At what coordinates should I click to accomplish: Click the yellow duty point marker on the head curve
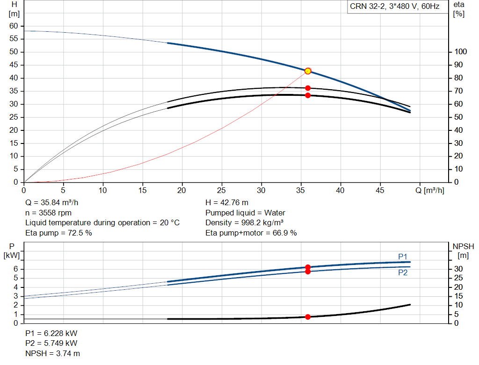pos(308,71)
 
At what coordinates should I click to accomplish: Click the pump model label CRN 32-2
pos(394,7)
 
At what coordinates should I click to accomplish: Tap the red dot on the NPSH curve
pos(308,317)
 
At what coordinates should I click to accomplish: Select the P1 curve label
pos(403,256)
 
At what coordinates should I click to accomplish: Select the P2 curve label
pos(403,273)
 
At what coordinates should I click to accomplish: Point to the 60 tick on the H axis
pos(14,26)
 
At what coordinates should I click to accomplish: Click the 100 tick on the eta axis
pos(461,52)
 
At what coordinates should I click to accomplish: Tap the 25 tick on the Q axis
pos(222,190)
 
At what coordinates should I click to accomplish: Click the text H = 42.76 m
pos(227,203)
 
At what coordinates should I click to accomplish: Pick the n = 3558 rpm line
pos(48,213)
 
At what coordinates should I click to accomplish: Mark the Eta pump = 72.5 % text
pos(58,232)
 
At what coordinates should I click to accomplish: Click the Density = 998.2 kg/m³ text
pos(245,222)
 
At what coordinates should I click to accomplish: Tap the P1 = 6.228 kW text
pos(51,334)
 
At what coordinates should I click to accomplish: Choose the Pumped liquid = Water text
pos(245,213)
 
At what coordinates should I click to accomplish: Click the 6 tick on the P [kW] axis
pos(15,269)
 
